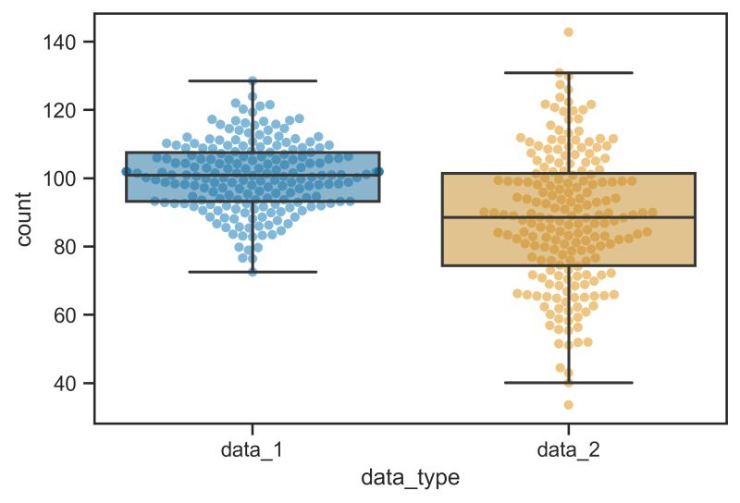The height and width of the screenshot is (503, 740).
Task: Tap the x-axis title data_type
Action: [410, 478]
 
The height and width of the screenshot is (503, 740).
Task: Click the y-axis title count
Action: [25, 218]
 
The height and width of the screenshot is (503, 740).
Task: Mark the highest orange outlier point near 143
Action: [568, 32]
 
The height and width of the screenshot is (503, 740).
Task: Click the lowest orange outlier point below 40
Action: [568, 404]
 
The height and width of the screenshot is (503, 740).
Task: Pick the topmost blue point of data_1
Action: [253, 81]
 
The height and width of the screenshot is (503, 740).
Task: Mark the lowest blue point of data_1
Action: [253, 271]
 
